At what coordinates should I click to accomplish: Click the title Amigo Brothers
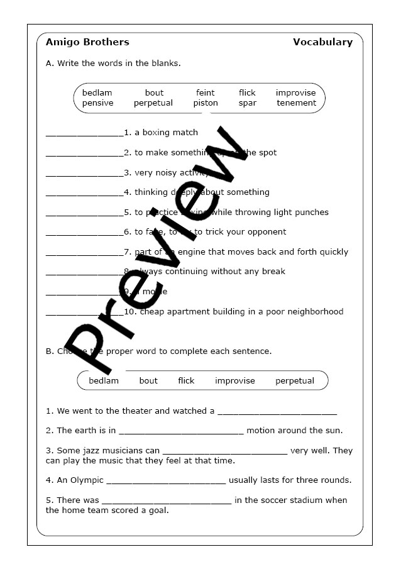pyautogui.click(x=87, y=42)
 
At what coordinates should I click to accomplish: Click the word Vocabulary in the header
pyautogui.click(x=322, y=42)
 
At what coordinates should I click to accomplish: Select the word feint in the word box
pyautogui.click(x=205, y=93)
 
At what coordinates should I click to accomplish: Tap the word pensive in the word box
pyautogui.click(x=97, y=103)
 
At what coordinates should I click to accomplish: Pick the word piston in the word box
pyautogui.click(x=206, y=103)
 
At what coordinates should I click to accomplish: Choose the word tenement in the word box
pyautogui.click(x=296, y=103)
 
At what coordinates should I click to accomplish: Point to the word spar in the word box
pyautogui.click(x=247, y=103)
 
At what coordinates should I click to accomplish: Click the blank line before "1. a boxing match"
pyautogui.click(x=84, y=134)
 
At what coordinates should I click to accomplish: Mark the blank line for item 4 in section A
pyautogui.click(x=84, y=194)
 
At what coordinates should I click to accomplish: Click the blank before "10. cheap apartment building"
pyautogui.click(x=84, y=313)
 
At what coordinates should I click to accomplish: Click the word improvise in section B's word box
pyautogui.click(x=235, y=380)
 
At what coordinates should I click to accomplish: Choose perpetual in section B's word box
pyautogui.click(x=294, y=380)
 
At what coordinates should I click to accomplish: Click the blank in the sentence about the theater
pyautogui.click(x=277, y=412)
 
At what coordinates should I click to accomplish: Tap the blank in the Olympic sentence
pyautogui.click(x=166, y=482)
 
